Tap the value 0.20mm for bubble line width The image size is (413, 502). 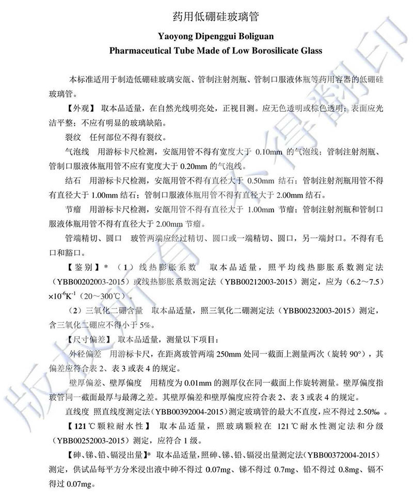pyautogui.click(x=193, y=167)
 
